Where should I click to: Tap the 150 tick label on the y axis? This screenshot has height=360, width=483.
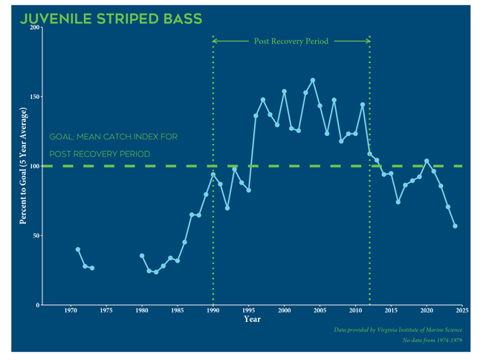35,97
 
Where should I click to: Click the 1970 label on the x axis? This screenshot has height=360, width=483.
71,311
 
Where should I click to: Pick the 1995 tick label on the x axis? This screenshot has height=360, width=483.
249,311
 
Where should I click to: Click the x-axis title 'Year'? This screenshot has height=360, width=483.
253,320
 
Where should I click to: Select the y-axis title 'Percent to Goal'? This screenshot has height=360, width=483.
24,166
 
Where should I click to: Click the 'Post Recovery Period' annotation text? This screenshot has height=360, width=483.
291,42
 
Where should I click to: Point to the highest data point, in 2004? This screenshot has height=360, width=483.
313,80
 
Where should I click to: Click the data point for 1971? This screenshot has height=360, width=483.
78,249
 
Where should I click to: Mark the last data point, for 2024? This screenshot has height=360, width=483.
455,226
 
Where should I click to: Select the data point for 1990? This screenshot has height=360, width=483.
213,175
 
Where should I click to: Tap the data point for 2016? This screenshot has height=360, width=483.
398,202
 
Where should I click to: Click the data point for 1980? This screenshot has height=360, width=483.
142,256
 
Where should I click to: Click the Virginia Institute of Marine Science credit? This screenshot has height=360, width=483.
398,329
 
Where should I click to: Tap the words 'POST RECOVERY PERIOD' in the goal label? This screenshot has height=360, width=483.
100,154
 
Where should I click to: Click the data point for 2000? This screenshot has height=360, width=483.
284,91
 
